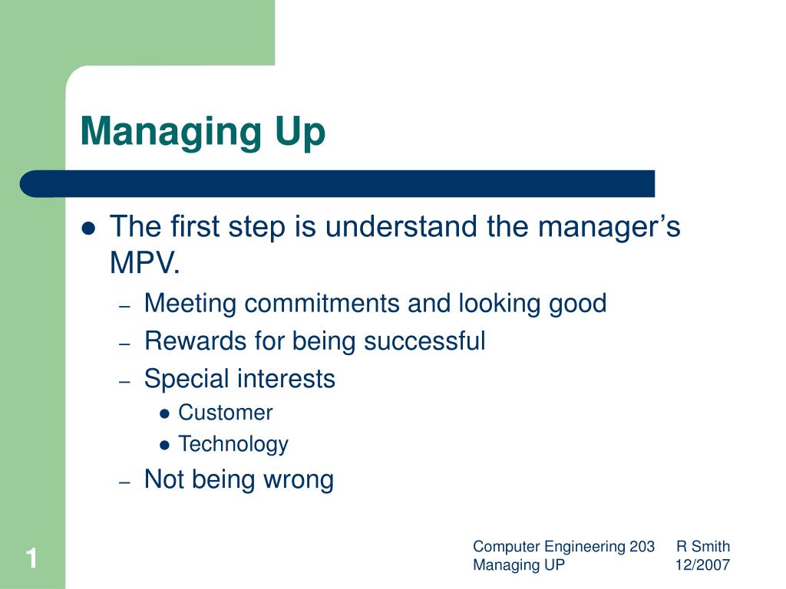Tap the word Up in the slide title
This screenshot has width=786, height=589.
tap(300, 132)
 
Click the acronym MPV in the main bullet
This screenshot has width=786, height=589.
tap(142, 262)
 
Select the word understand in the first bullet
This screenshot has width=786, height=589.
tap(401, 226)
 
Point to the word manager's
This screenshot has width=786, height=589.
tap(609, 227)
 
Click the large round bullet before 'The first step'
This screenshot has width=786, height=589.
tap(89, 229)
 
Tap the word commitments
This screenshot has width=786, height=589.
tap(322, 304)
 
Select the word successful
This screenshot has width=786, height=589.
tap(424, 341)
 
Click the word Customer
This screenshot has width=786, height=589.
tap(226, 413)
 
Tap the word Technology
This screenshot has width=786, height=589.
tap(233, 445)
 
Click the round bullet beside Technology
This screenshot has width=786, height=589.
tap(164, 445)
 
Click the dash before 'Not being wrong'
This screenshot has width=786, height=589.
tap(125, 482)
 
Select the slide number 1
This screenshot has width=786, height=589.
tap(32, 558)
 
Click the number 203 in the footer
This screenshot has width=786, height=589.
tap(642, 546)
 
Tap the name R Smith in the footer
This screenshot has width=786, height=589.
tap(703, 546)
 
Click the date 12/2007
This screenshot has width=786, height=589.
tap(702, 565)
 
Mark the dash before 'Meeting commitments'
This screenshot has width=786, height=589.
tap(125, 306)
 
